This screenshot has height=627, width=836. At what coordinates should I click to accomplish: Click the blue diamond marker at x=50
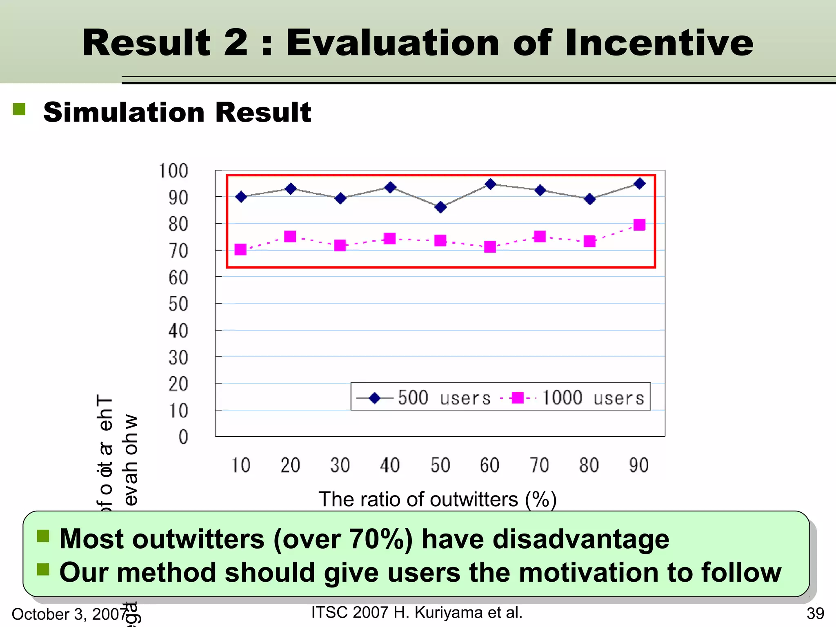pyautogui.click(x=440, y=207)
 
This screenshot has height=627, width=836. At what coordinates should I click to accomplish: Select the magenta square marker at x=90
pyautogui.click(x=639, y=225)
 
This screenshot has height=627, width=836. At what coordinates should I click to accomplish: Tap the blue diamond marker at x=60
pyautogui.click(x=490, y=184)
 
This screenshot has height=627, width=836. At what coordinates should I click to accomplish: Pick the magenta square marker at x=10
pyautogui.click(x=240, y=249)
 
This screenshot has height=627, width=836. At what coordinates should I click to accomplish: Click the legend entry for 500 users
pyautogui.click(x=423, y=398)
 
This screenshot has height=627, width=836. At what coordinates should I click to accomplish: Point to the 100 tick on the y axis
pyautogui.click(x=173, y=171)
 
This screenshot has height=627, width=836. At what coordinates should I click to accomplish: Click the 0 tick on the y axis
pyautogui.click(x=183, y=437)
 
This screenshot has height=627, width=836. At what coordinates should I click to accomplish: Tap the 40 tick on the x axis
pyautogui.click(x=390, y=465)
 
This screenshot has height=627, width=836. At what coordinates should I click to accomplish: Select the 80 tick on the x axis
pyautogui.click(x=589, y=465)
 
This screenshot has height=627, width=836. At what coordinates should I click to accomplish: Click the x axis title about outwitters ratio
pyautogui.click(x=437, y=499)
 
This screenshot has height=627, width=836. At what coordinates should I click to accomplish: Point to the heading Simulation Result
pyautogui.click(x=177, y=112)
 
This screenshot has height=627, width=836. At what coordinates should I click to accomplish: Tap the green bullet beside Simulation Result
pyautogui.click(x=19, y=109)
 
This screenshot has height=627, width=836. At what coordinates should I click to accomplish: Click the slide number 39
pyautogui.click(x=815, y=614)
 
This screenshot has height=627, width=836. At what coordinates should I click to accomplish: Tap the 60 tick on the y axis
pyautogui.click(x=178, y=278)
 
